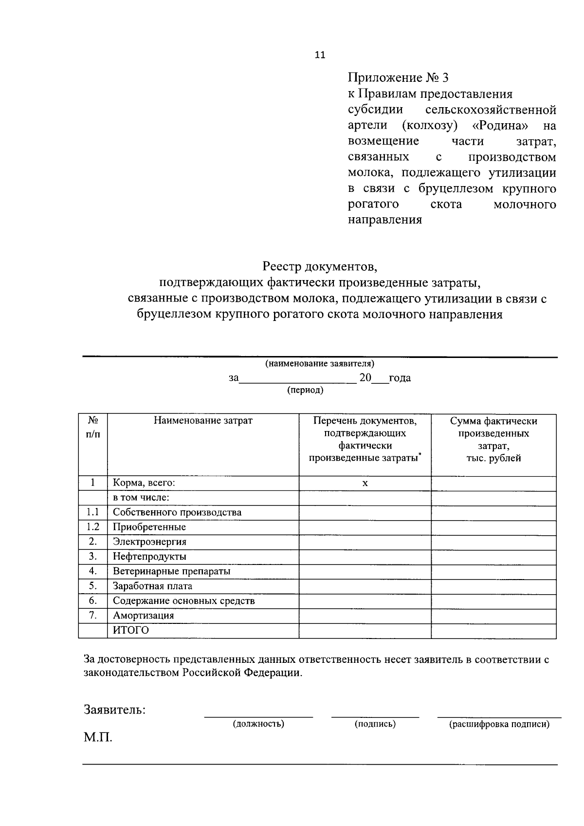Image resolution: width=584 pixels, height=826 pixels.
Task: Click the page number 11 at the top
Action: tap(320, 55)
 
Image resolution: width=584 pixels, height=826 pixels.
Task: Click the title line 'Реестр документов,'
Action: tap(320, 266)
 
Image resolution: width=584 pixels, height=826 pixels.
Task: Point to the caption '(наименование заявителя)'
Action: tap(320, 364)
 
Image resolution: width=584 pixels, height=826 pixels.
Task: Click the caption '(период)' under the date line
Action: tap(305, 391)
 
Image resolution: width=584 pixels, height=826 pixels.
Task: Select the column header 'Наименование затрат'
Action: tap(203, 420)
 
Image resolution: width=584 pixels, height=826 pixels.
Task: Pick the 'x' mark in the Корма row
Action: tap(365, 483)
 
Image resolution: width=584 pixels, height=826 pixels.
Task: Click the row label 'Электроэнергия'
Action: tap(149, 542)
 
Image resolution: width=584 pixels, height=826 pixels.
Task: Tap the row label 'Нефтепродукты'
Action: tap(149, 557)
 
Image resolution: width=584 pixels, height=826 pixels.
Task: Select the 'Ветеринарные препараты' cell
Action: tap(171, 571)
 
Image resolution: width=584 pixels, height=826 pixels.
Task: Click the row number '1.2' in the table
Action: tap(93, 526)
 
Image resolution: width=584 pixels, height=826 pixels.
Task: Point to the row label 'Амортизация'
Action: tap(143, 616)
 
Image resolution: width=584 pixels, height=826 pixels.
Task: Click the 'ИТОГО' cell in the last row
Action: tap(131, 630)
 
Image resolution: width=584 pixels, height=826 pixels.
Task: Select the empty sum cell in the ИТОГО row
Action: tap(493, 631)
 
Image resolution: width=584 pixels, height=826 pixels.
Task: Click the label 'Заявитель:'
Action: tap(115, 710)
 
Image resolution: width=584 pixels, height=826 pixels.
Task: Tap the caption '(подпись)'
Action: tap(375, 724)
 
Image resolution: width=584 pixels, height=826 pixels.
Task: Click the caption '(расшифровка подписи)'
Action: tap(499, 724)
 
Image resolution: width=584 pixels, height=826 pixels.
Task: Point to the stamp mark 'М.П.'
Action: tap(98, 737)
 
